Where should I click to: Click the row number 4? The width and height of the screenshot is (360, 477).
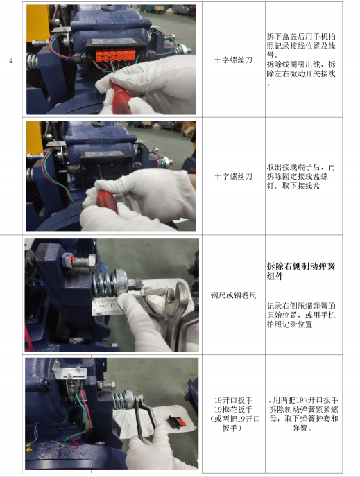tap(10, 60)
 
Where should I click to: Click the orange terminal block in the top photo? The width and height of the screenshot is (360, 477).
tap(115, 55)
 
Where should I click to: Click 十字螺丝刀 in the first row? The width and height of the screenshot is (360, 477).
tap(233, 60)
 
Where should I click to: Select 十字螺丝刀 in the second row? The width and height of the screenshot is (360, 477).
tap(233, 176)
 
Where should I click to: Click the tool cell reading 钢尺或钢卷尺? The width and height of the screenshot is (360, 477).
tap(233, 295)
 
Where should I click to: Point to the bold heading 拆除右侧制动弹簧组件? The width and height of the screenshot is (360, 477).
tap(301, 271)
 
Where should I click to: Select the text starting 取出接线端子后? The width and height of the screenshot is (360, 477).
tap(301, 176)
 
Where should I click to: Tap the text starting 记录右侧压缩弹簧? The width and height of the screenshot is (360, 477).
tap(301, 315)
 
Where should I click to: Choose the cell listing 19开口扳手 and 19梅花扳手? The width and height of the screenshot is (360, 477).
tap(233, 414)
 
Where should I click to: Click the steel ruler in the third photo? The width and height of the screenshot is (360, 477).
tap(110, 306)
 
